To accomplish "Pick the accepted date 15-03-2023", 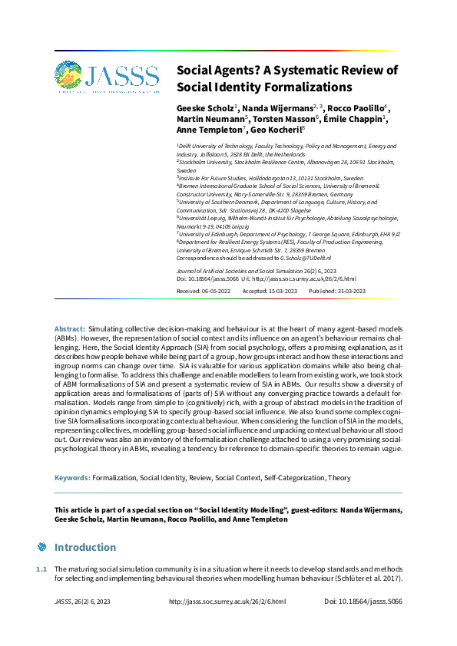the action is (x=285, y=292).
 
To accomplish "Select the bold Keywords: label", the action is (x=72, y=477).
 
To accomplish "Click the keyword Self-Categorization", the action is (x=294, y=477).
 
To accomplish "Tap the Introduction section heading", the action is (x=84, y=547).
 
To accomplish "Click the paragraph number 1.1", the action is (x=41, y=569).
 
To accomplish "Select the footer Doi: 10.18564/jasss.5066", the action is (x=363, y=602).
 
